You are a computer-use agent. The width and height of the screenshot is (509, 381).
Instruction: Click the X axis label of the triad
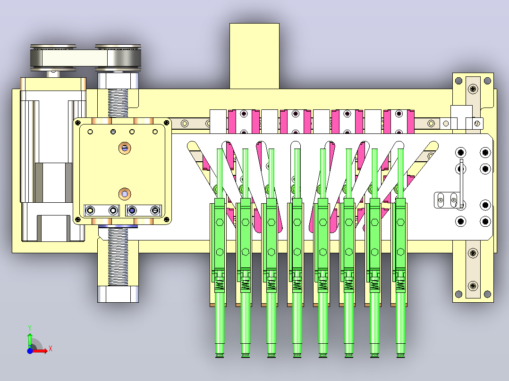(51, 349)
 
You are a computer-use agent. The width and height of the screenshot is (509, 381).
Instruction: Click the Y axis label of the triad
(30, 328)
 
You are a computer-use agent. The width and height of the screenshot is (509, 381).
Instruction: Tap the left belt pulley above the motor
(53, 58)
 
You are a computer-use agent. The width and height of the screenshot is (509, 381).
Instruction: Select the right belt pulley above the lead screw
(118, 58)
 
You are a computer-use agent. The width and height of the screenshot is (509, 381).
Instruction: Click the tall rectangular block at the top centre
(254, 56)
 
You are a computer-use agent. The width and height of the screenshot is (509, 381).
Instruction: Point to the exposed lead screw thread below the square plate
(118, 256)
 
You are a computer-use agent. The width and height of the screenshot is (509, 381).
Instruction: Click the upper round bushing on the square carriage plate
(125, 148)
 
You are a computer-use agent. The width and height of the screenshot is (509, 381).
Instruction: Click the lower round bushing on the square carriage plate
(125, 194)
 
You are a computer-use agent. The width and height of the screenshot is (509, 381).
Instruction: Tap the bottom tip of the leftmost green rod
(220, 356)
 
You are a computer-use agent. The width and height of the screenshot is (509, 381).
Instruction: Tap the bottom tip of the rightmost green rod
(400, 356)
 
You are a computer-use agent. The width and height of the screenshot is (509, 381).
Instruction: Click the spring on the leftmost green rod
(220, 285)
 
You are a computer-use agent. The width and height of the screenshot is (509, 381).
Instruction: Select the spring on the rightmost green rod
(400, 285)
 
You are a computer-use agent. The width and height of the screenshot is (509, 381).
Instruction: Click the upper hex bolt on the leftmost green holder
(220, 223)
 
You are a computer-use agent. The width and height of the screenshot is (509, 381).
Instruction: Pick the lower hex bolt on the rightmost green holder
(400, 252)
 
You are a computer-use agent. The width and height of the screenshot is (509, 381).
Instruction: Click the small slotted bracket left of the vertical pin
(447, 200)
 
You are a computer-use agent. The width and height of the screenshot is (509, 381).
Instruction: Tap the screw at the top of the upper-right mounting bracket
(473, 89)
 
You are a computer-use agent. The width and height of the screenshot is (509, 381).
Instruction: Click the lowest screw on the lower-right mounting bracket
(473, 286)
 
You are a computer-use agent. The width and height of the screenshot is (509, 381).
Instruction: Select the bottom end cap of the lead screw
(118, 294)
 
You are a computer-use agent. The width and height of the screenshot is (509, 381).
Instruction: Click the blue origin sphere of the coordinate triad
(30, 351)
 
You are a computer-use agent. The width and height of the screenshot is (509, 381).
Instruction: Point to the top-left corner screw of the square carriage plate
(78, 123)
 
